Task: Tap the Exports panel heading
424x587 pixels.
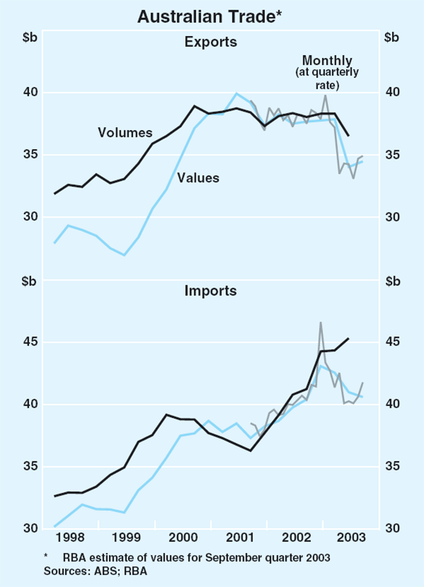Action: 211,42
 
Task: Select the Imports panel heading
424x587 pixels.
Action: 211,290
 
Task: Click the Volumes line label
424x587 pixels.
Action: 125,132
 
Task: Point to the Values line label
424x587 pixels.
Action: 198,178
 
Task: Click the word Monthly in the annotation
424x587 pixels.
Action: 326,60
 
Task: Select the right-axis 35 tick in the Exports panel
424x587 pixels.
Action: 391,155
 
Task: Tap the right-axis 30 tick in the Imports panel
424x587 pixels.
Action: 391,528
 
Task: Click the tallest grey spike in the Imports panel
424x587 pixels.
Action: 320,323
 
